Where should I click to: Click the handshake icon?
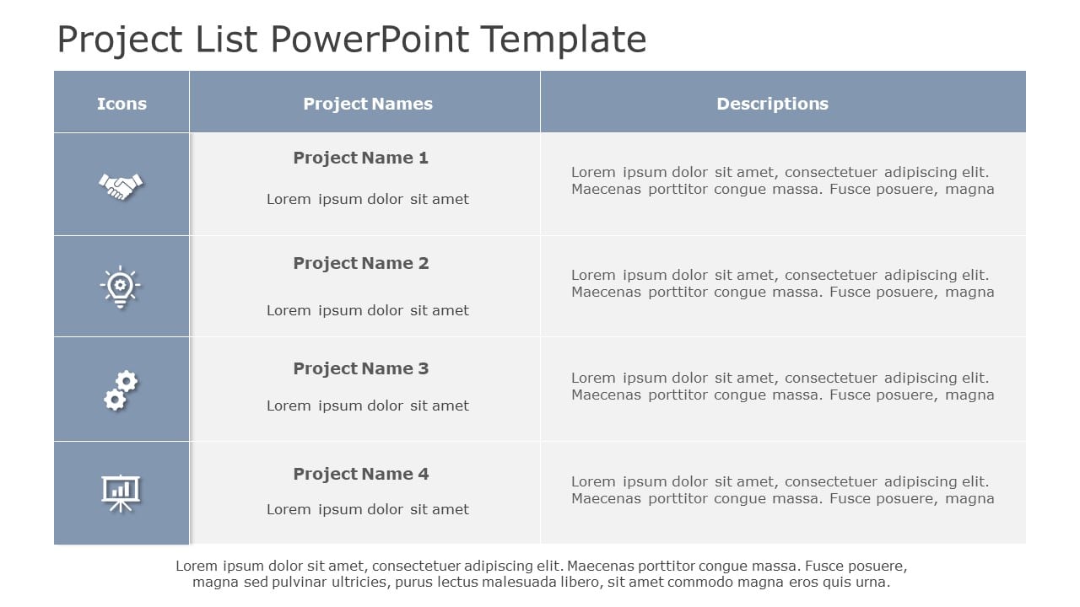(x=121, y=185)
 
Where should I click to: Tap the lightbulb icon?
(x=121, y=287)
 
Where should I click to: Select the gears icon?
(x=121, y=390)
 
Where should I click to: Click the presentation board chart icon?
(x=121, y=492)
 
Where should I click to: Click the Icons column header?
(x=121, y=104)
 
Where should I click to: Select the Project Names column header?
(x=367, y=104)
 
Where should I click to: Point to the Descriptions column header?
(x=772, y=104)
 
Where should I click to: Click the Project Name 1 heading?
(x=360, y=158)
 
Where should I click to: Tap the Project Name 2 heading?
(x=360, y=263)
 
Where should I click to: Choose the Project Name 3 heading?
(x=360, y=368)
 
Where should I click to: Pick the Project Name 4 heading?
(x=360, y=474)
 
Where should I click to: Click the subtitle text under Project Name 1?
(x=367, y=199)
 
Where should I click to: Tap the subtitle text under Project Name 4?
(x=367, y=509)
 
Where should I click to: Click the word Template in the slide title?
(x=563, y=40)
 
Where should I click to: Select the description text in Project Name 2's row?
(x=782, y=283)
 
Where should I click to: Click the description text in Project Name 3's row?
(x=782, y=386)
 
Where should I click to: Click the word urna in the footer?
(x=872, y=582)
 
